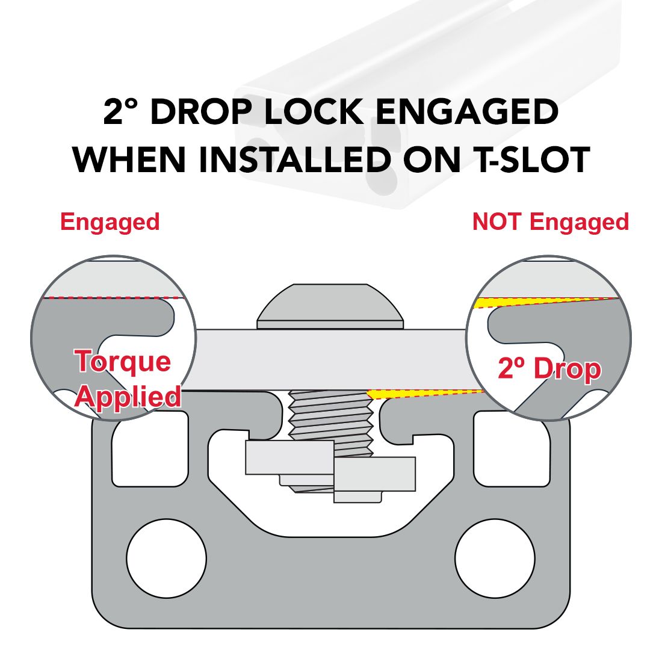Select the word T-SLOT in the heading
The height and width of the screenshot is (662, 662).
pos(533,159)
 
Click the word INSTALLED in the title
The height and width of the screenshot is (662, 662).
pos(295,159)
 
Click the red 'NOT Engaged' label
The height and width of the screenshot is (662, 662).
pos(551,222)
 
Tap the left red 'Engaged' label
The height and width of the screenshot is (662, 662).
pos(110,222)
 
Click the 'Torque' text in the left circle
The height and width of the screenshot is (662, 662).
pos(122,362)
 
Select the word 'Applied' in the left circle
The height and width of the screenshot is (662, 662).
pos(128,398)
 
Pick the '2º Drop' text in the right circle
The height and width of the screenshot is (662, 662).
pos(549,368)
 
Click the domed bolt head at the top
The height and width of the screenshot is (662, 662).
pos(330,306)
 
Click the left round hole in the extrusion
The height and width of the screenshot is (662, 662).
pos(166,558)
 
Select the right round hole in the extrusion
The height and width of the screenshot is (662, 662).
pos(495,558)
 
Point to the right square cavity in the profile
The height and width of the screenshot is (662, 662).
pos(512,449)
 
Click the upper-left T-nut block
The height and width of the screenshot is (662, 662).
pos(289,457)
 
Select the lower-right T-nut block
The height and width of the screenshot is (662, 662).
pos(374,474)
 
